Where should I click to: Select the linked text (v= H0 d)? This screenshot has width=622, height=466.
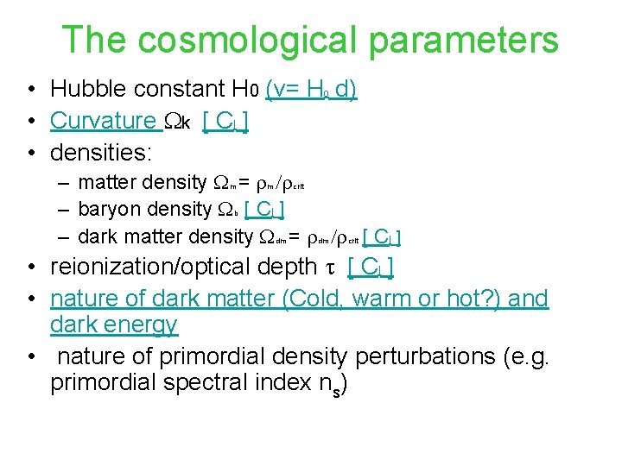tap(311, 89)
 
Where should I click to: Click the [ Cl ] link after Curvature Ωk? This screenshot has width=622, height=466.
tap(225, 122)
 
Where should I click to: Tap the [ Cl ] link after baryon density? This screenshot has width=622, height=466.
tap(265, 209)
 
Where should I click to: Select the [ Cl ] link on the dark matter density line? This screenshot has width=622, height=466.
tap(381, 236)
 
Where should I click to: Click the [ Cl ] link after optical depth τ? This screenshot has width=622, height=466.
tap(370, 268)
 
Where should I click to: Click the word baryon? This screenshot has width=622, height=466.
tap(105, 209)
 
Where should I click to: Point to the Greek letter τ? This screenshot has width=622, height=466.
tap(329, 268)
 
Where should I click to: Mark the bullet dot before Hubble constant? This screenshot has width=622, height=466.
tap(30, 90)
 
